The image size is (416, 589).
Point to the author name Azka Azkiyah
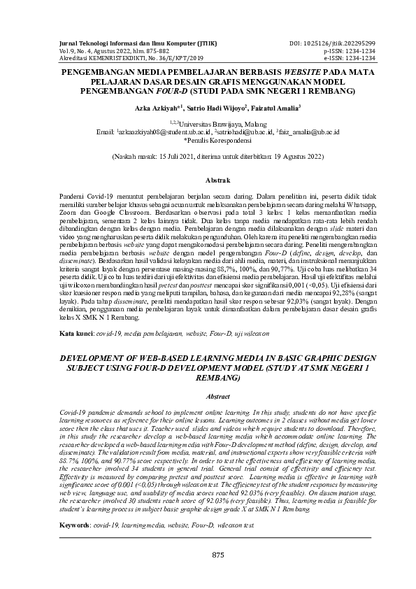pos(156,109)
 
